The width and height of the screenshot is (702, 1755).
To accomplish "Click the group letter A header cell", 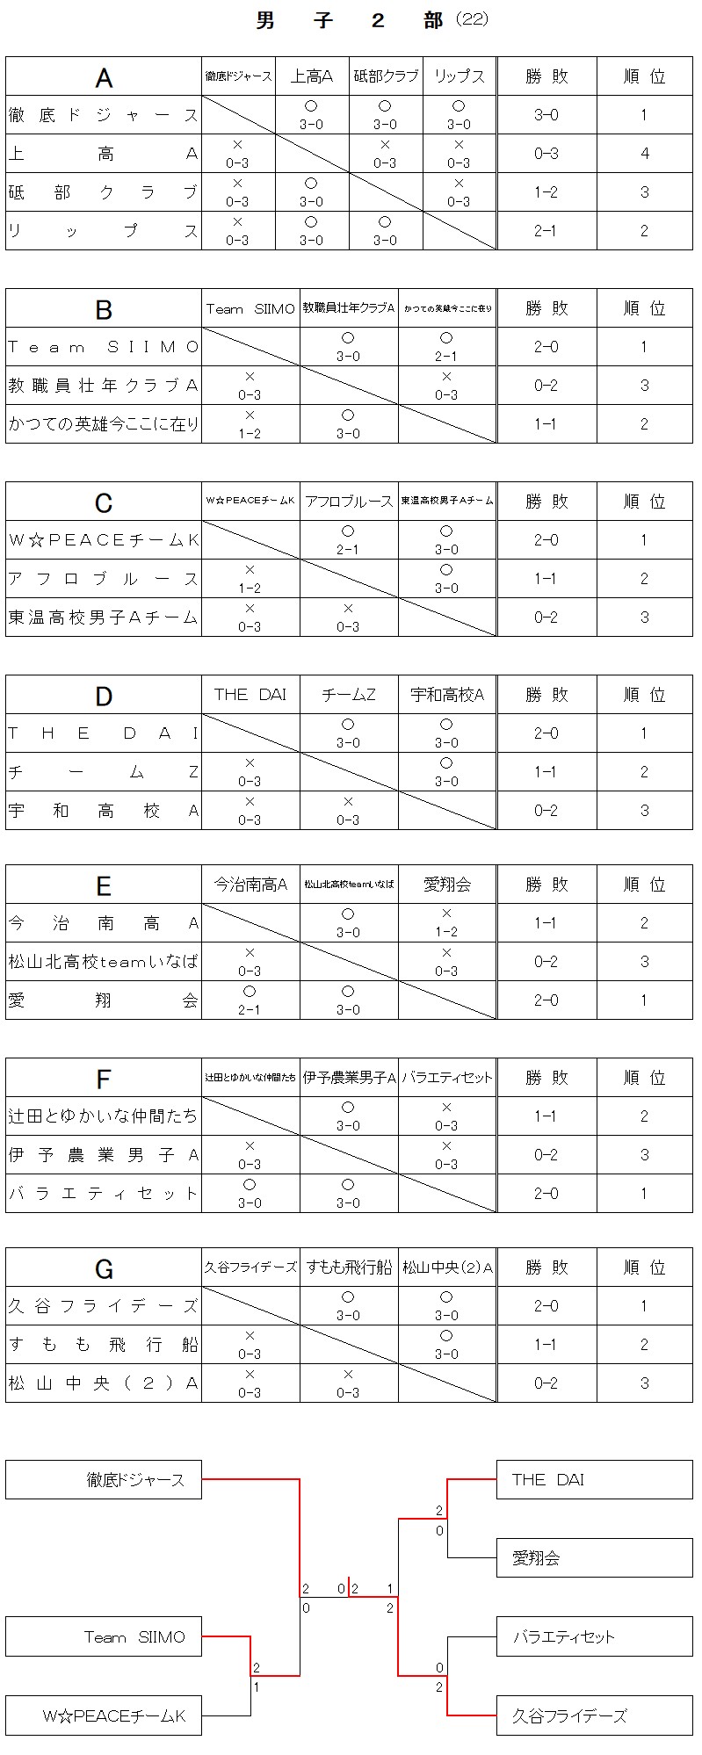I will [104, 77].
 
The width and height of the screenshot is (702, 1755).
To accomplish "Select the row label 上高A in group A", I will [104, 154].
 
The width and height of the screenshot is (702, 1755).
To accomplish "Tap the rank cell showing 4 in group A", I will [644, 154].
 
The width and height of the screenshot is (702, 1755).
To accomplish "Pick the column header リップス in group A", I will [459, 76].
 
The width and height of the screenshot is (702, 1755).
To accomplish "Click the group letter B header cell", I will [104, 309].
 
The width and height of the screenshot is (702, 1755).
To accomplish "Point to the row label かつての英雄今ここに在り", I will [104, 424].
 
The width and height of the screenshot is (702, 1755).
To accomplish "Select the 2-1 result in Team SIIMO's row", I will [446, 347].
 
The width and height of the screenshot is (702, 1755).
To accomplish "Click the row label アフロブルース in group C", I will [104, 579].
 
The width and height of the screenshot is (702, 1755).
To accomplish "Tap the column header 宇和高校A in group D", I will [447, 695].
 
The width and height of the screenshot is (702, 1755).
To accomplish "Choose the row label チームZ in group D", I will [104, 772].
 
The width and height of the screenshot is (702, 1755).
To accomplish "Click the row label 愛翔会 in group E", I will [104, 1000].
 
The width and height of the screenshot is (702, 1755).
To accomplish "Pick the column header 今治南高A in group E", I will [250, 885].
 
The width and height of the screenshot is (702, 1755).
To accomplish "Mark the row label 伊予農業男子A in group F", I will [104, 1155].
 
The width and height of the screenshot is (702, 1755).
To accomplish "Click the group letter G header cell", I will [104, 1268].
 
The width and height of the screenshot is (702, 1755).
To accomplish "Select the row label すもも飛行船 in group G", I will [104, 1345].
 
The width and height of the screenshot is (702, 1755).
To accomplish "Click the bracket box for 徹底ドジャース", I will [104, 1480].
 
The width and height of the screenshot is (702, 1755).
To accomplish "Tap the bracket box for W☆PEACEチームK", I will [104, 1715].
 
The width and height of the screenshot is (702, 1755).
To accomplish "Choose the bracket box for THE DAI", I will [594, 1480].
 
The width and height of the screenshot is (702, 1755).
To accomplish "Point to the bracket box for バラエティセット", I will [594, 1637].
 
